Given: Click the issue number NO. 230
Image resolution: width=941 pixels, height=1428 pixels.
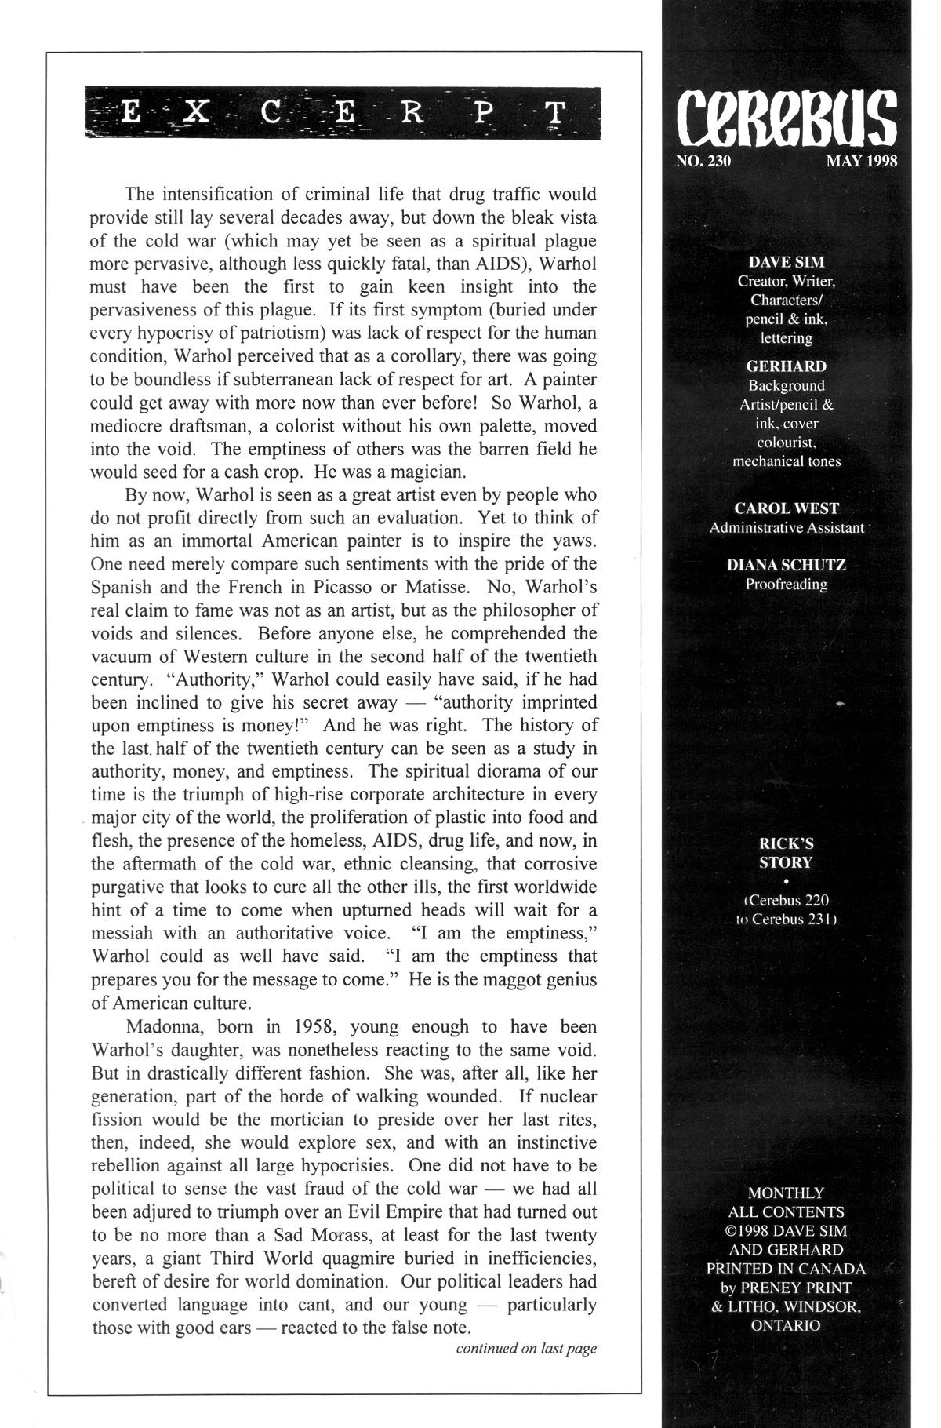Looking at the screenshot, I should pos(703,162).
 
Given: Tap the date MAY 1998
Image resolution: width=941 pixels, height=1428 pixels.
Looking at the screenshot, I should pos(860,162).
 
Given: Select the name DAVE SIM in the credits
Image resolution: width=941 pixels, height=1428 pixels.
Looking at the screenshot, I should pos(786,262).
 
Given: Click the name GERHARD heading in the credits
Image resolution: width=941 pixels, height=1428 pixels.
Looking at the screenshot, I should pos(786,366).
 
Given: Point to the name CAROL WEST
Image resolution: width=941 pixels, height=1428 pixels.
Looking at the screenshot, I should pos(786,508).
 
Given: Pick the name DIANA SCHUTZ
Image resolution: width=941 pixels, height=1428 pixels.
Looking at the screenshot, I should pos(786,565).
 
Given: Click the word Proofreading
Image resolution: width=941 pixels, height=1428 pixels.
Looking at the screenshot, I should pos(786,584).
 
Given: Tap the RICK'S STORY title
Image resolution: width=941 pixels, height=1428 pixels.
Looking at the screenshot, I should pos(786,853).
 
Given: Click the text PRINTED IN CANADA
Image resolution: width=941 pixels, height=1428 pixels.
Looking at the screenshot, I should pos(786,1269).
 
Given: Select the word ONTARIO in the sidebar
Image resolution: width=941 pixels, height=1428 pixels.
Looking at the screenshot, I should pos(786,1325).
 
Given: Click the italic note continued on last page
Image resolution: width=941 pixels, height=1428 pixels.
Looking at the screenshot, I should pos(526,1349).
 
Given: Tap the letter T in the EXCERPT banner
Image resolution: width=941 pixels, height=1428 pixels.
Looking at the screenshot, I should pos(554,114).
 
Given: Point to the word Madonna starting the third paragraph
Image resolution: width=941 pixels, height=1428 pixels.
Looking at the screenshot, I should pos(158,1027).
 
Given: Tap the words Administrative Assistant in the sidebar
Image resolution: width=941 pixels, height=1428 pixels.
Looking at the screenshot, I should pos(786,527).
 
